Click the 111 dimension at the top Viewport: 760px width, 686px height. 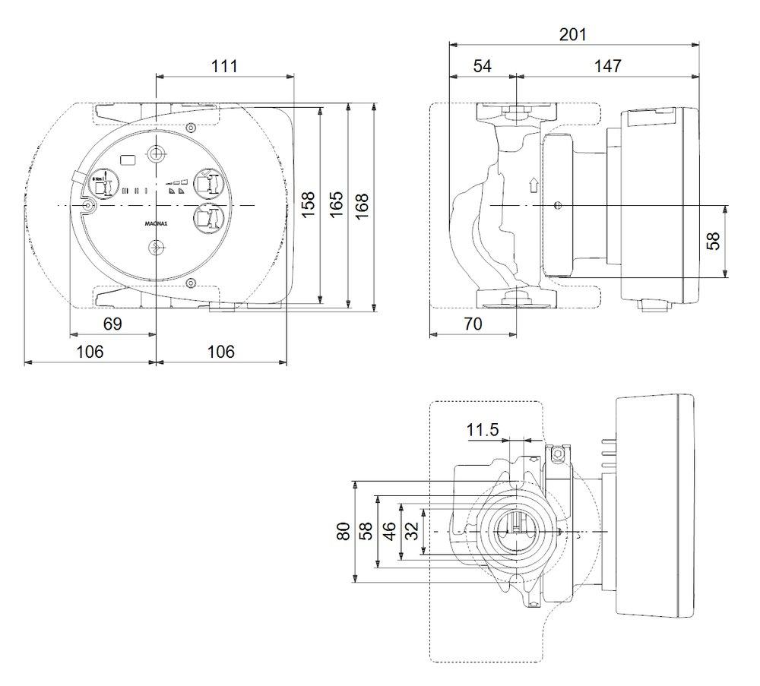click(x=224, y=66)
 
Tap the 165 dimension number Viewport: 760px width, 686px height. click(x=336, y=204)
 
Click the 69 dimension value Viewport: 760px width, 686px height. click(x=112, y=324)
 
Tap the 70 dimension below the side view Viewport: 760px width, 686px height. click(x=472, y=324)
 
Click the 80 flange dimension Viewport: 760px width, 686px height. click(x=344, y=532)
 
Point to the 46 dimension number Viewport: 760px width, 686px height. click(x=389, y=532)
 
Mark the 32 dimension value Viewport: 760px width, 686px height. click(x=412, y=532)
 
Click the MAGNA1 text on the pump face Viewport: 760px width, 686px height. click(x=154, y=225)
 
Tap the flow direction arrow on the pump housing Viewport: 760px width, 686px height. click(x=533, y=184)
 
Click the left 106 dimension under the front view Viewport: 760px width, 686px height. click(x=89, y=352)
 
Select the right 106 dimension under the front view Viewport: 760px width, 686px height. click(x=220, y=352)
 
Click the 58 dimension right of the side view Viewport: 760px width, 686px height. click(x=714, y=241)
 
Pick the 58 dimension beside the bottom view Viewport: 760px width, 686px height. click(x=366, y=532)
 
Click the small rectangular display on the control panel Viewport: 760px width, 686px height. click(x=128, y=160)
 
